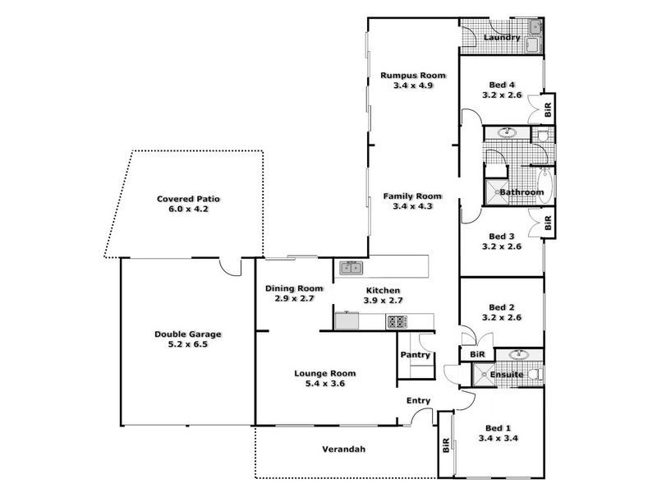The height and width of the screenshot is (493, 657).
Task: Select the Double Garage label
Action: (x=188, y=334)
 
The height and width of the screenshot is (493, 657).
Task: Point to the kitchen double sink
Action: (x=351, y=266)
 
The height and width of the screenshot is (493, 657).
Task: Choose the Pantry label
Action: (x=416, y=355)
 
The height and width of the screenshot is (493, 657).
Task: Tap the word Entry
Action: (x=419, y=401)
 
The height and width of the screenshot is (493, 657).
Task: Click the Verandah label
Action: (x=342, y=449)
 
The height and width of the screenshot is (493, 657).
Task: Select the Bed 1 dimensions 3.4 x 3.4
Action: (x=498, y=439)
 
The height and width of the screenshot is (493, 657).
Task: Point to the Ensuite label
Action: (x=507, y=375)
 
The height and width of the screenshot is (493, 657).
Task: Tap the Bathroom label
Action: (x=522, y=192)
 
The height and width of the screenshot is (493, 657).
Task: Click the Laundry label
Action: (x=501, y=38)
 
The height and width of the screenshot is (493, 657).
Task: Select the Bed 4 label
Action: (x=502, y=85)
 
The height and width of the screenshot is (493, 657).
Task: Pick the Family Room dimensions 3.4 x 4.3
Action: (x=412, y=207)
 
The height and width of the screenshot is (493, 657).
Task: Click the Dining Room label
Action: (x=293, y=289)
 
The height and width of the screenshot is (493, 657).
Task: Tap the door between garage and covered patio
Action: (x=236, y=266)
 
